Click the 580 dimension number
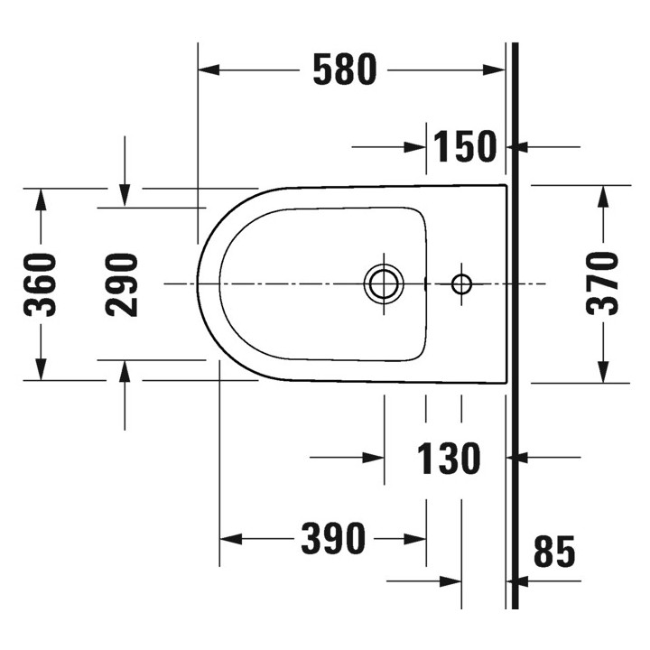tap(343, 70)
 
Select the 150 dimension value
tap(465, 146)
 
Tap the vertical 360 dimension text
tap(42, 284)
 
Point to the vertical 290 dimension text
tap(122, 284)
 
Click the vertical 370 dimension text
tap(602, 283)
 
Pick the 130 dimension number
tap(449, 459)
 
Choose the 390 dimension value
tap(333, 539)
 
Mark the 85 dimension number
tap(554, 552)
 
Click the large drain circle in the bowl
tap(384, 283)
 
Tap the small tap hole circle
tap(461, 284)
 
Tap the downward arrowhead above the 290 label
tap(125, 194)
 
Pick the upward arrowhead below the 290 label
tap(125, 372)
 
